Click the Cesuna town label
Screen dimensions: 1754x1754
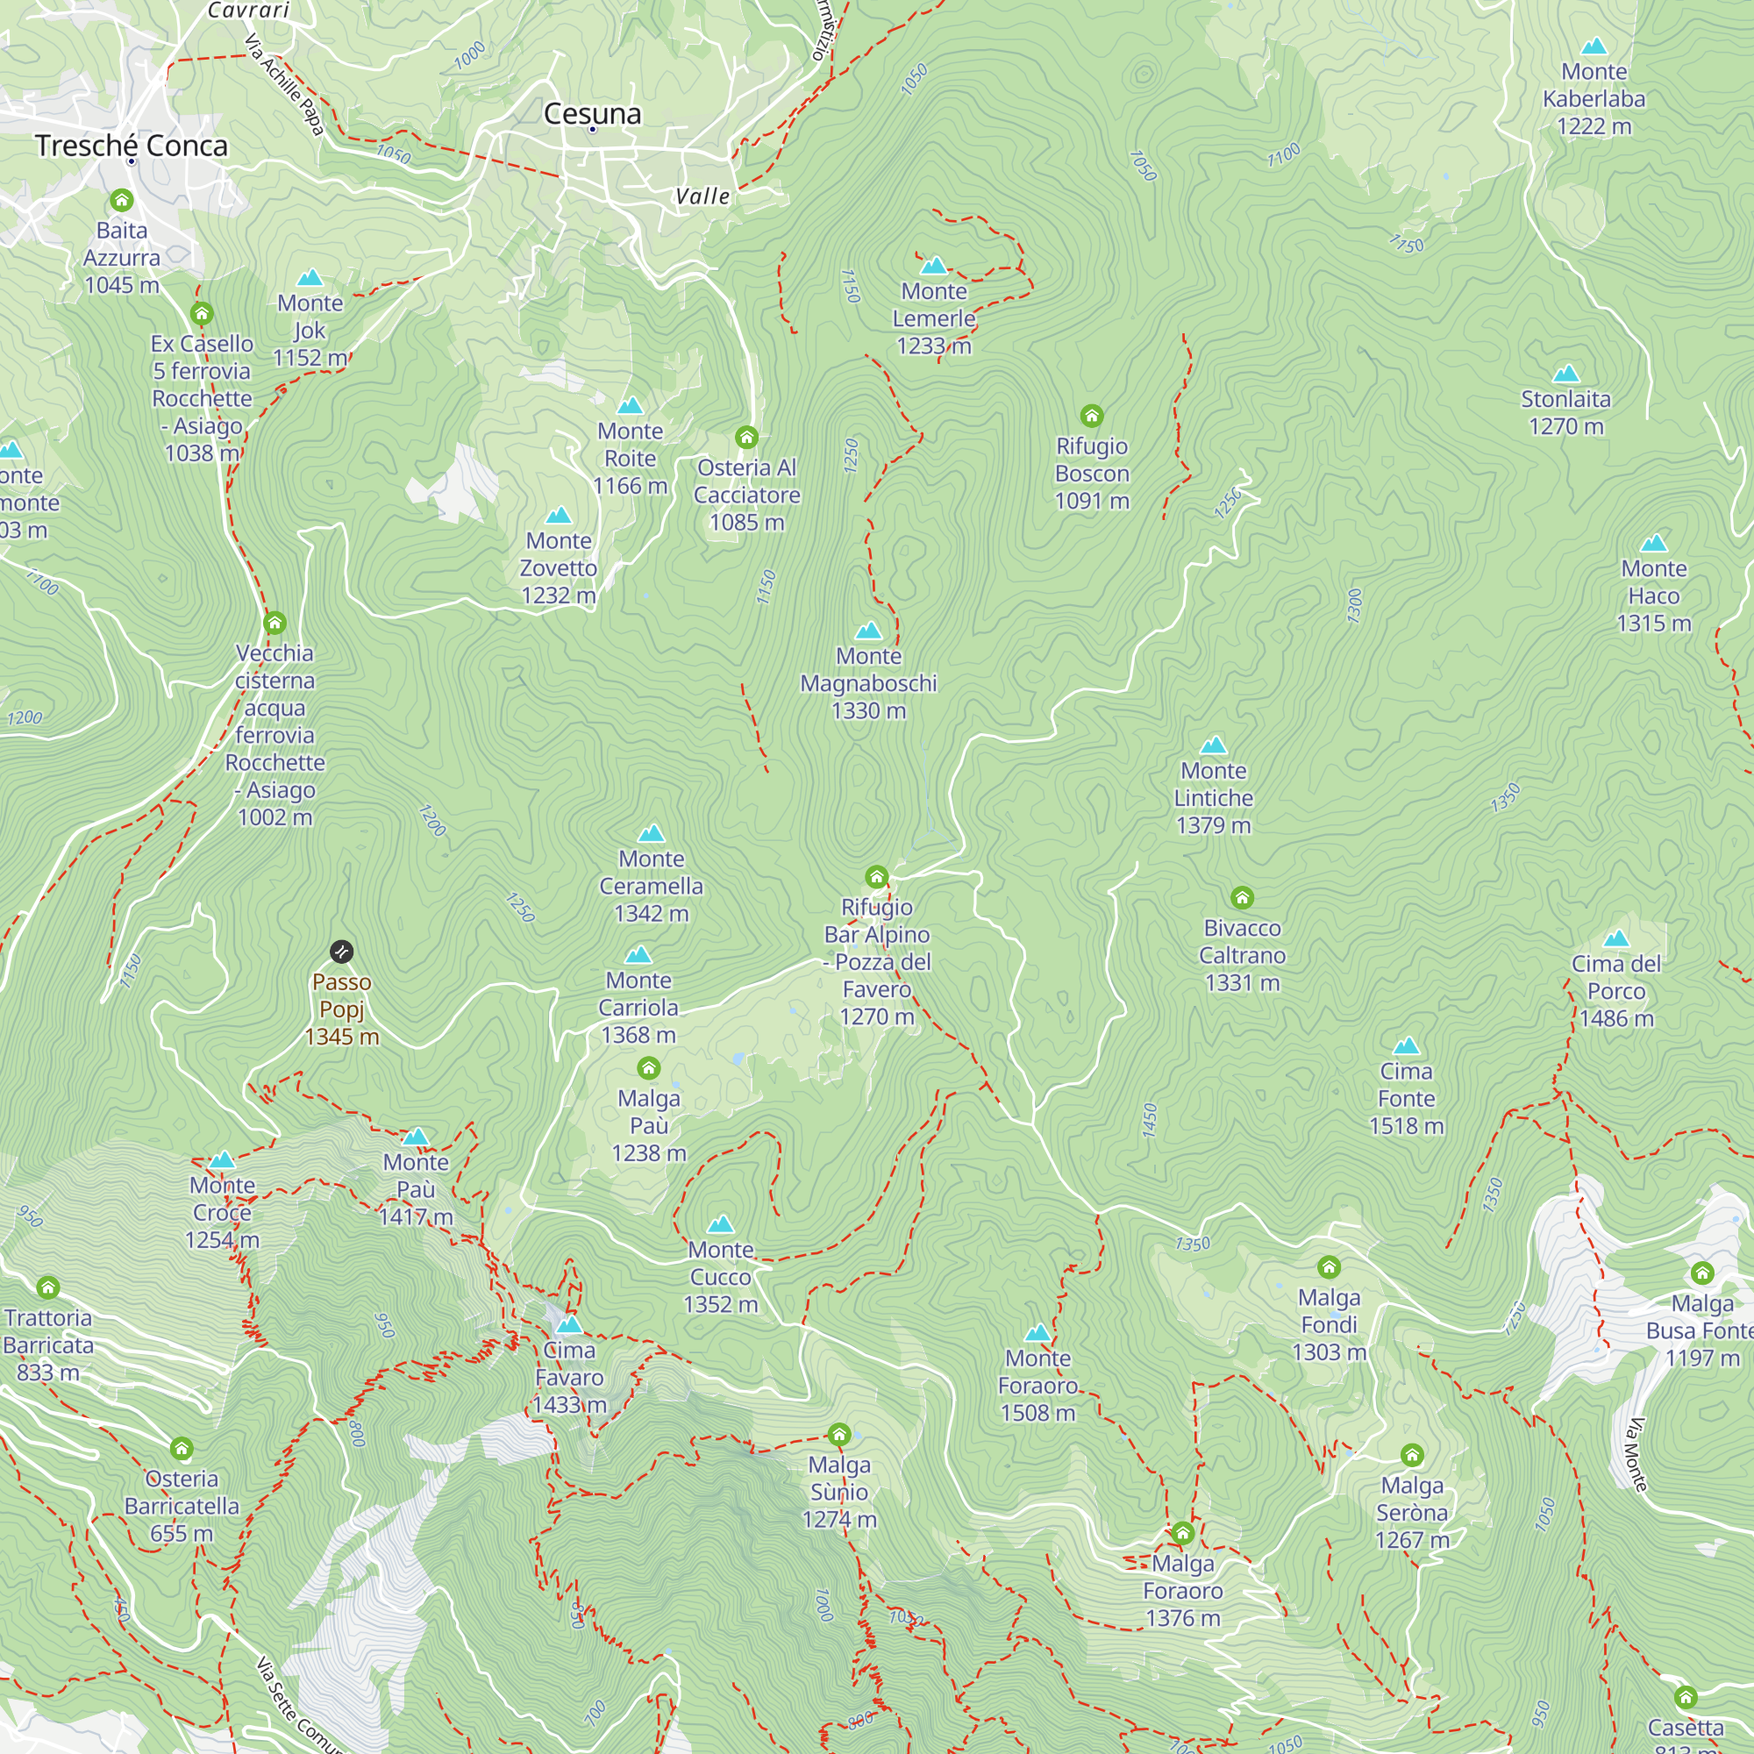592,113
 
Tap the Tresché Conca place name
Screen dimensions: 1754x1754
132,146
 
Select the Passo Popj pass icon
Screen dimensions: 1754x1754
341,952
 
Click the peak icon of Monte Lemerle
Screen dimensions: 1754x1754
933,266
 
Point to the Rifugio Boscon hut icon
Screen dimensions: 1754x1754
1091,416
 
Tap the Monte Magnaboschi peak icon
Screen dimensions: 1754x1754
868,631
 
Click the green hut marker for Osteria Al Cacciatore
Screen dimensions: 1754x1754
746,438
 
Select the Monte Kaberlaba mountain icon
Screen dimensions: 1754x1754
1594,46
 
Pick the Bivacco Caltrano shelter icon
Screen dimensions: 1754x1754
1242,898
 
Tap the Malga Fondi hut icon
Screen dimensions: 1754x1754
1330,1267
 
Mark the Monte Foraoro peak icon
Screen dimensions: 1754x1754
1037,1333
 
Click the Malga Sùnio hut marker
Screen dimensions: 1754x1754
839,1436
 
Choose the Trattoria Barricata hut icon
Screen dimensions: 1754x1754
48,1287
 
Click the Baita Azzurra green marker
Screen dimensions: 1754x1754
122,200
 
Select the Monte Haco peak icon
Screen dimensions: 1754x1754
1653,544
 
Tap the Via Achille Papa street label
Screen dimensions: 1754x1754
284,84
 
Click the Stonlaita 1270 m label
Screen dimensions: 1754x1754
1565,412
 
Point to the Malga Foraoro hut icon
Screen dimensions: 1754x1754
1182,1533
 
